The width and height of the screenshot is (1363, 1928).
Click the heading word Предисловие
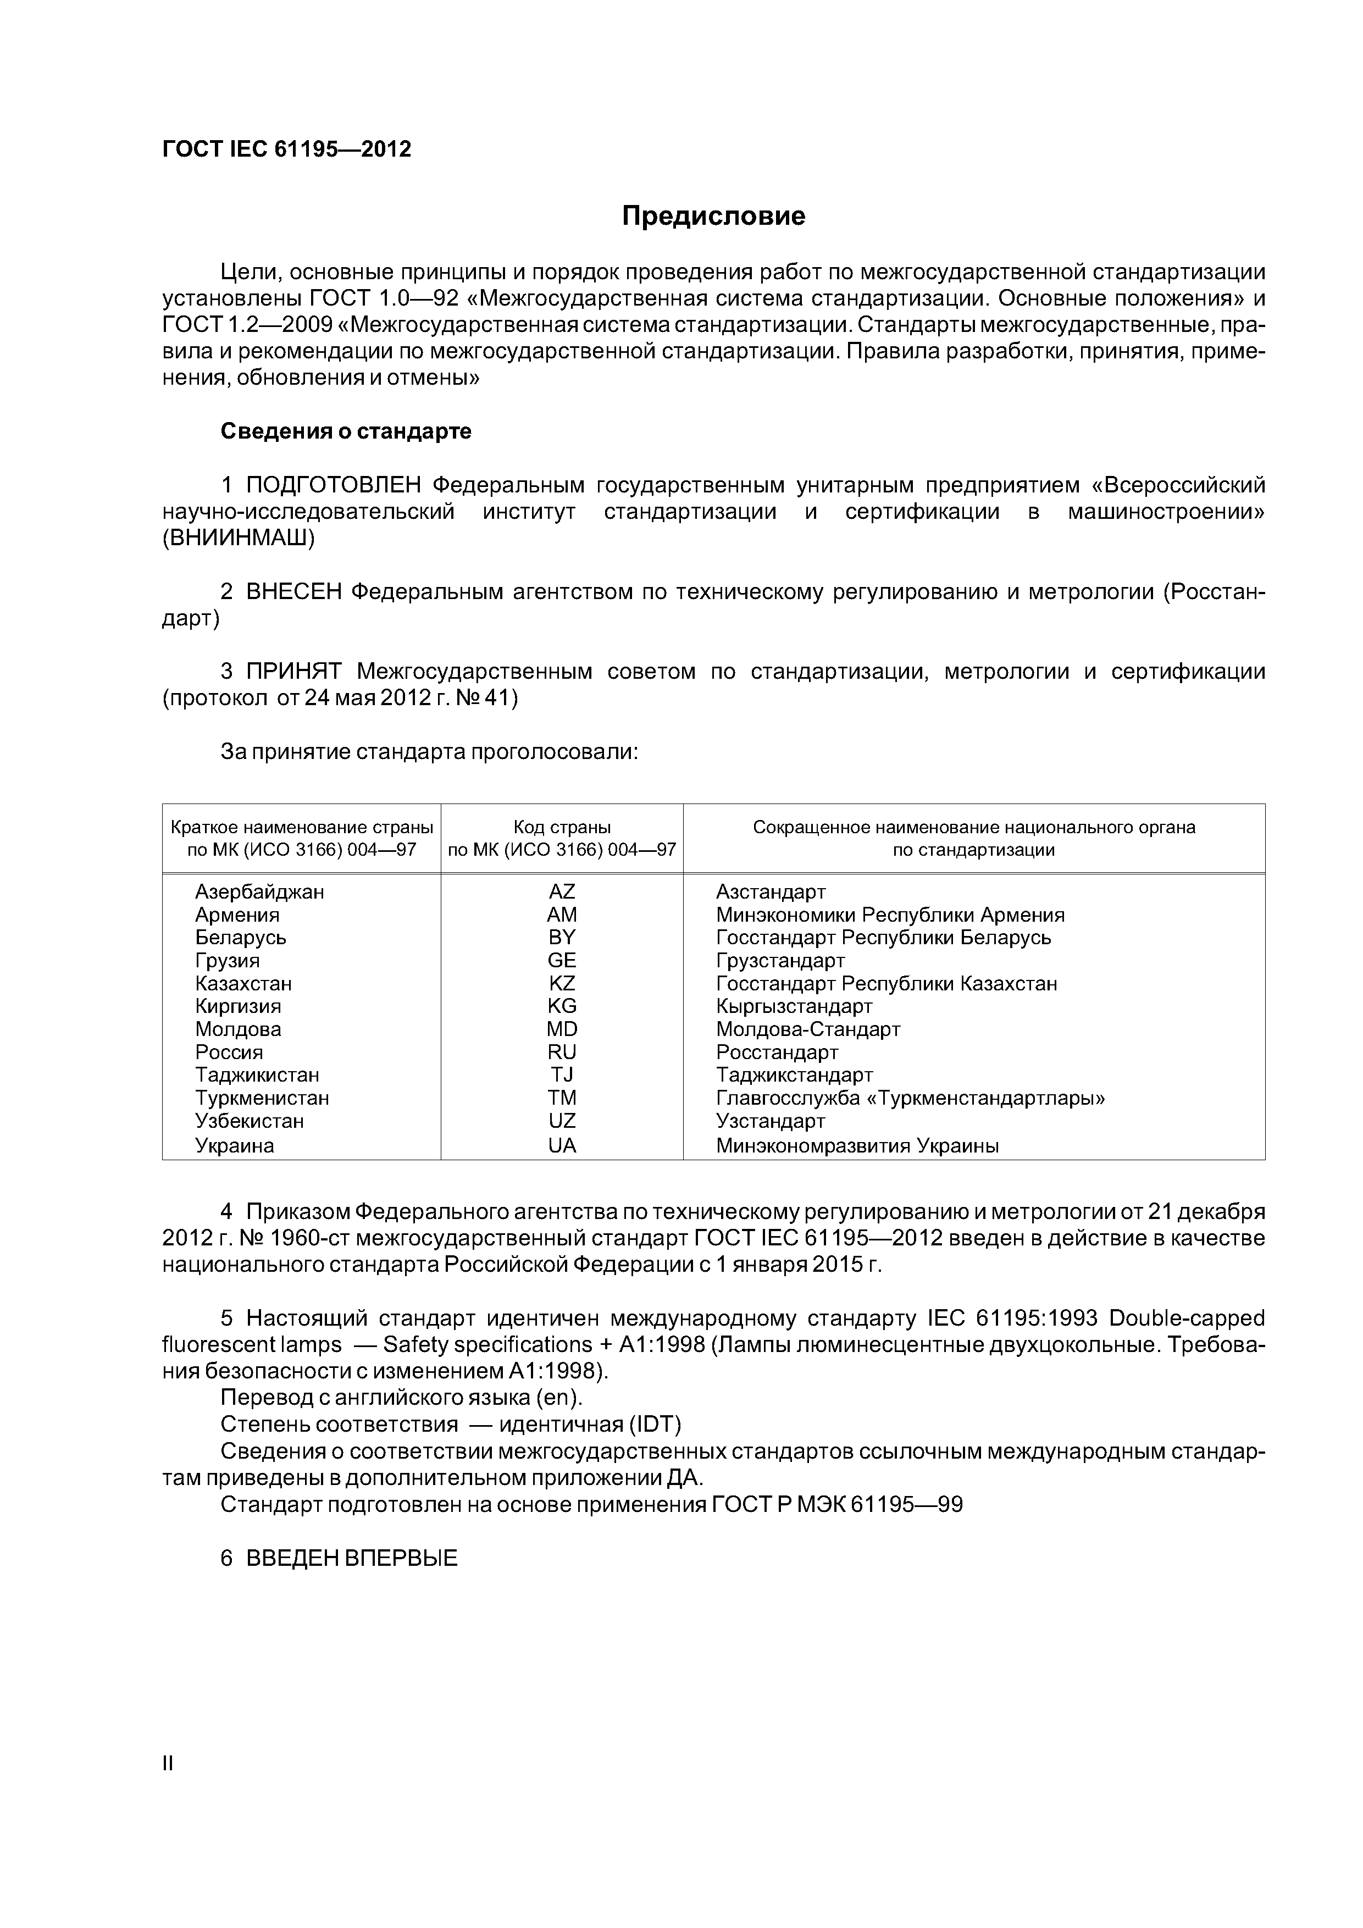pos(713,217)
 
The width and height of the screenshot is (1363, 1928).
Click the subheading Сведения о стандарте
pos(346,431)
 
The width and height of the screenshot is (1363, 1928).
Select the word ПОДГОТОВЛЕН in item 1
pos(334,485)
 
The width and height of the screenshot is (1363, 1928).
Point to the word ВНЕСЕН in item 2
pos(294,592)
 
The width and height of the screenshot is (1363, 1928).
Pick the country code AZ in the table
pos(562,892)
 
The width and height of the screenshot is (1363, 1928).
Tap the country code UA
pos(562,1145)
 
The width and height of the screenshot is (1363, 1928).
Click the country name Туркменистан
pos(262,1098)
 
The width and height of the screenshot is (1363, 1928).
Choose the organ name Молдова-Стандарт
pos(808,1029)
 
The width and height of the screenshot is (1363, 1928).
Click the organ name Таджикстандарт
pos(795,1076)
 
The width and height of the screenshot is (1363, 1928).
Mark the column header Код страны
pos(562,827)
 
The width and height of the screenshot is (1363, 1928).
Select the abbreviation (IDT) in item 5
pos(655,1425)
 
